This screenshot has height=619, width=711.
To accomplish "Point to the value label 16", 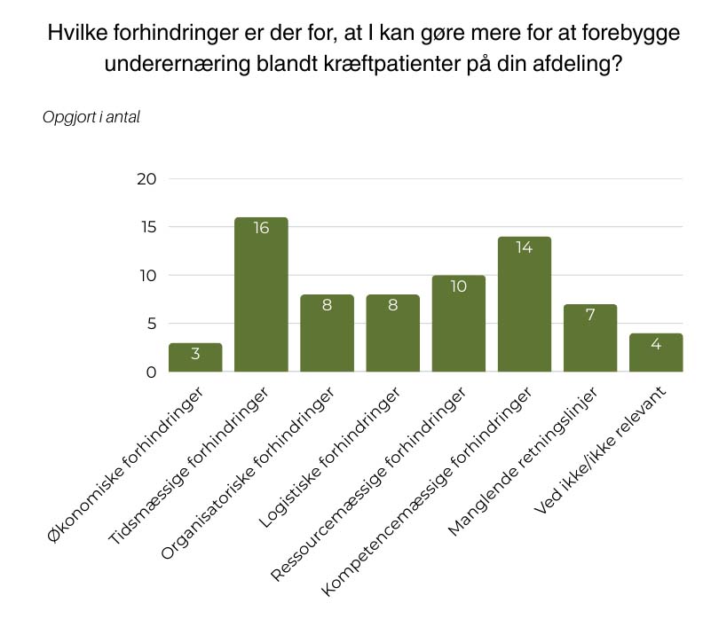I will coord(261,228).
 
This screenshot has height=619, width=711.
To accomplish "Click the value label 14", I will coord(525,247).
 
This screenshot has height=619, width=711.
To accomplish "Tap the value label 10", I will coord(459,286).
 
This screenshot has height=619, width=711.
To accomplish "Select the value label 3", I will coord(195,354).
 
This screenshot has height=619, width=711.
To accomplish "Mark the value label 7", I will coord(590,316).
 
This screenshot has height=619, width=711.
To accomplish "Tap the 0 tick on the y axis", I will coord(151,372).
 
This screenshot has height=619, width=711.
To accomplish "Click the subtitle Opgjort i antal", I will coord(91,117).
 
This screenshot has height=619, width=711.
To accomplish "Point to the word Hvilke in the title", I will coord(77,35).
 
